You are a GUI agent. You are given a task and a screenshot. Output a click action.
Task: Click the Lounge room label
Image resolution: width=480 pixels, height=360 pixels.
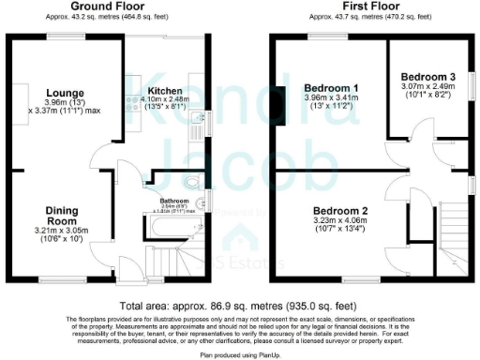[64, 92]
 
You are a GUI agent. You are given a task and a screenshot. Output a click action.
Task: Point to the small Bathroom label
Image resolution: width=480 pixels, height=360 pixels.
[174, 201]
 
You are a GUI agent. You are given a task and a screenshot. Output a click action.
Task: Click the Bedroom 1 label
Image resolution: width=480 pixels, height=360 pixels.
[326, 87]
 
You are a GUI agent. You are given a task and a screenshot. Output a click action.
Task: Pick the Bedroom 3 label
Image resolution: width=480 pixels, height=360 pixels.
[427, 77]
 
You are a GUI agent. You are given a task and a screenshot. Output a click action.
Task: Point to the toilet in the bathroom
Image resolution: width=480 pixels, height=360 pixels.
[205, 202]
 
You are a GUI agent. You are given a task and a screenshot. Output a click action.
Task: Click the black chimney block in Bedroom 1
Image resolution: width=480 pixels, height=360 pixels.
[280, 94]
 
